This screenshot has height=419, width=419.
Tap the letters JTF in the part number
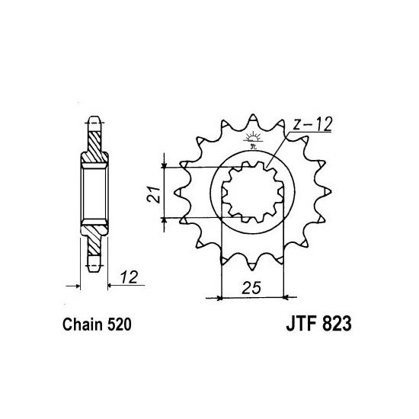(x=286, y=325)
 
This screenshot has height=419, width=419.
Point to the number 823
(x=332, y=325)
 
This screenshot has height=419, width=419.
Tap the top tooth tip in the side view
(x=94, y=122)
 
